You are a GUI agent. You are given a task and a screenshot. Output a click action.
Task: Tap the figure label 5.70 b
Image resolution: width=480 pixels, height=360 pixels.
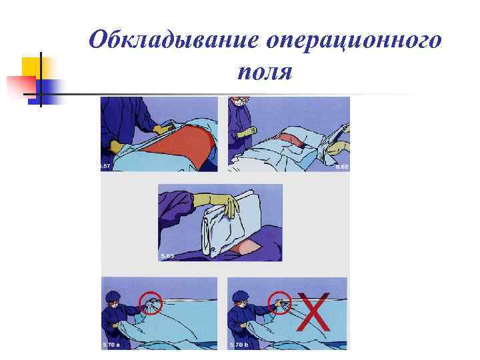(x=240, y=343)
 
